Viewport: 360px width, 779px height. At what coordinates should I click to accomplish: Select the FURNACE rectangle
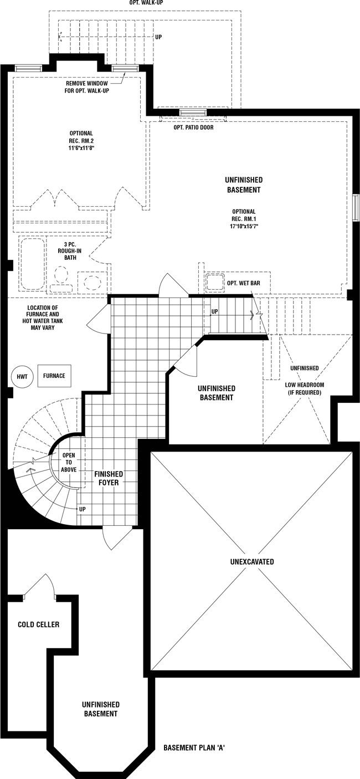coord(54,376)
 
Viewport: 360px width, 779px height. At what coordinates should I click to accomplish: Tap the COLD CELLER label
coord(39,624)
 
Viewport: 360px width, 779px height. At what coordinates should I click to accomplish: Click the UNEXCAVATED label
coord(252,562)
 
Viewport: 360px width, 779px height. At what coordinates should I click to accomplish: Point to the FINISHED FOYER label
coord(109,478)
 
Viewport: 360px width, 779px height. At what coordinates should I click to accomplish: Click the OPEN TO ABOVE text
coord(69,462)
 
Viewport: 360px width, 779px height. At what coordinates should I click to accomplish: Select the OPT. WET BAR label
coord(244,283)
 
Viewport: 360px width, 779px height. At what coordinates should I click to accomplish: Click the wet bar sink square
coord(214,282)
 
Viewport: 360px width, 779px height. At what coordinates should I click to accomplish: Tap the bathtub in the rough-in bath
coord(33,263)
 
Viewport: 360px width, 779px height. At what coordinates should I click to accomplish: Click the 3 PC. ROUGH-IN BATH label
coord(70,251)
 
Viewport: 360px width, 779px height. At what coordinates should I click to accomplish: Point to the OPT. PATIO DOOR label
coord(193,127)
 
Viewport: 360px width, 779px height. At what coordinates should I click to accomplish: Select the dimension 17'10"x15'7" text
coord(244,226)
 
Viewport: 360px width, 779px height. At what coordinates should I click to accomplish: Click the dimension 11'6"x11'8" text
coord(81,148)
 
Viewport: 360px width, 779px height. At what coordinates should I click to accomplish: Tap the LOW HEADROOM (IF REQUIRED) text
coord(305,389)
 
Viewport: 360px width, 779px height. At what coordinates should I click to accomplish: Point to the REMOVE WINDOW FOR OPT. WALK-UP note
coord(87,87)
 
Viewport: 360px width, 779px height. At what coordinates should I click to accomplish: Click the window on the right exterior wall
coord(356,207)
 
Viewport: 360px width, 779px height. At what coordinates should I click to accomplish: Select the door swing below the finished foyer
coord(117,538)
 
